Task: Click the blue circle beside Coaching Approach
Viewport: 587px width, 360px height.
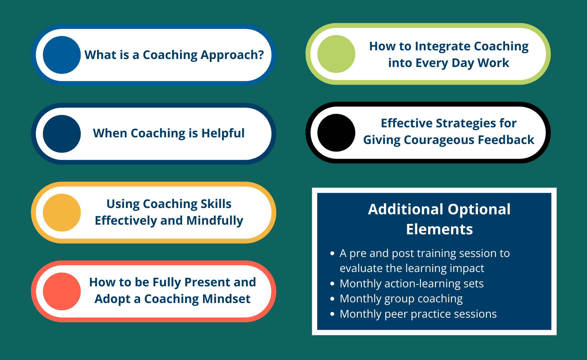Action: tap(62, 55)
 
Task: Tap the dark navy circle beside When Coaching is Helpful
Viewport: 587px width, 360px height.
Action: tap(62, 134)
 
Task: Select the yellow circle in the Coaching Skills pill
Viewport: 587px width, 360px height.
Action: tap(62, 213)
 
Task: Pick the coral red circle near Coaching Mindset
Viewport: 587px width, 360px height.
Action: tap(62, 291)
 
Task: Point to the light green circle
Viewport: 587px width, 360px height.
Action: tap(336, 54)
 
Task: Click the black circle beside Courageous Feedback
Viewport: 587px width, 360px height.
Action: tap(336, 133)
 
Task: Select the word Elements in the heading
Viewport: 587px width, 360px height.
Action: tap(440, 229)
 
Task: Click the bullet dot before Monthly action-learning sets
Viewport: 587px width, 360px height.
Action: tap(332, 284)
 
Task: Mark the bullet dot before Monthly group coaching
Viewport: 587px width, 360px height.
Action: tap(332, 299)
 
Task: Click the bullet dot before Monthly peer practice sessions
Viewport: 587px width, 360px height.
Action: tap(332, 314)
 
